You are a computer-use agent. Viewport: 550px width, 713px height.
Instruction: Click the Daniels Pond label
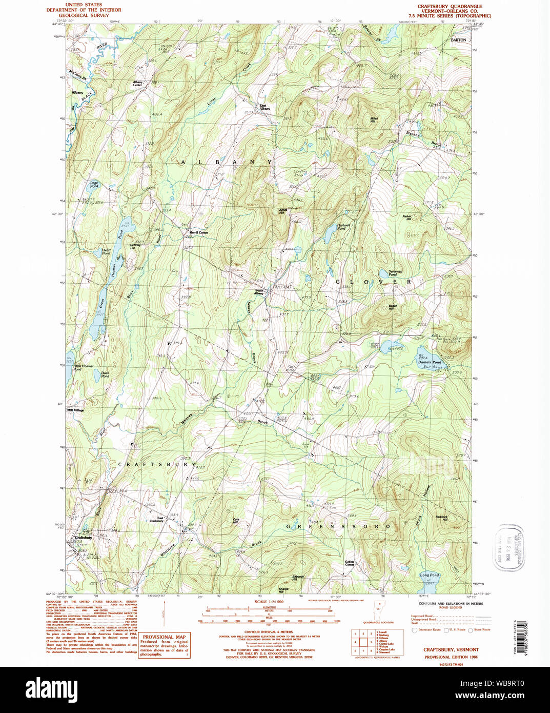click(x=429, y=362)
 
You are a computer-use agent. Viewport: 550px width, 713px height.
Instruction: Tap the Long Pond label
click(x=429, y=575)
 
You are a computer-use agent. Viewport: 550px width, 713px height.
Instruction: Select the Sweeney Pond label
click(x=395, y=272)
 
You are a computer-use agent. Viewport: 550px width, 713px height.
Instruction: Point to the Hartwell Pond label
click(x=343, y=226)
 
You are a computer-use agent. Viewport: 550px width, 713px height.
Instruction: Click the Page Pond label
click(x=94, y=184)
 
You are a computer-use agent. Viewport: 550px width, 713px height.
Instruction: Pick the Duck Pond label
click(x=105, y=374)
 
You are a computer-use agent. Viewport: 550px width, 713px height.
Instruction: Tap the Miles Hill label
click(x=374, y=120)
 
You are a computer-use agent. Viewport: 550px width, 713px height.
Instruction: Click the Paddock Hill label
click(x=441, y=518)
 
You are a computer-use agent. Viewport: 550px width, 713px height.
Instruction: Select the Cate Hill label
click(x=236, y=521)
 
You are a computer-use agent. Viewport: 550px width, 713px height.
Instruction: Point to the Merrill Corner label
click(x=198, y=232)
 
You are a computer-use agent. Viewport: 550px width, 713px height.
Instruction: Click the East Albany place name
click(x=264, y=107)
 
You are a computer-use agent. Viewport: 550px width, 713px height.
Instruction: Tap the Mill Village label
click(x=75, y=410)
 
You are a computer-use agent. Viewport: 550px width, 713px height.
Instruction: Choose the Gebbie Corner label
click(x=350, y=563)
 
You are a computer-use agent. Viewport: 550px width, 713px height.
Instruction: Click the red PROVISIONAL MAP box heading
click(x=164, y=637)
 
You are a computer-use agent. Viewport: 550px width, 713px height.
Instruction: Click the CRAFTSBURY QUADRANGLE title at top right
click(x=450, y=7)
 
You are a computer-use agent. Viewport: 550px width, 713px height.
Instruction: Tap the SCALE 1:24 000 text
click(x=269, y=602)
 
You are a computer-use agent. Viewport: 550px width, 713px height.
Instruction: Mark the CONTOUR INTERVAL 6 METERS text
click(x=269, y=632)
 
